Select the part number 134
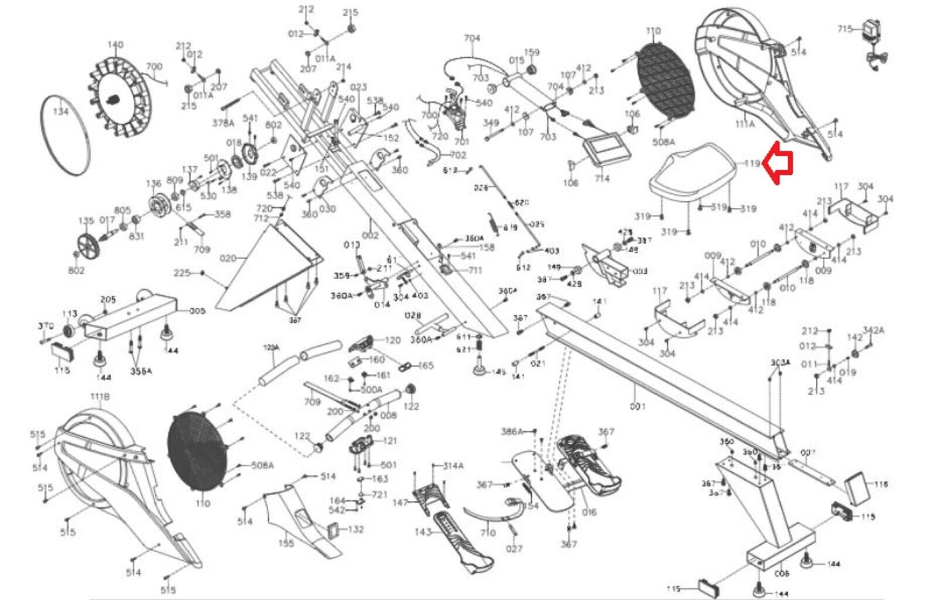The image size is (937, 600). (60, 111)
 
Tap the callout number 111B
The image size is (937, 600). (100, 397)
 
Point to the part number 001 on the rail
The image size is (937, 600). (637, 406)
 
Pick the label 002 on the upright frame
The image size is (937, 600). (370, 235)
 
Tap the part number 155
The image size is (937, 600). (286, 543)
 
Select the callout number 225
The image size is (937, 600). (182, 273)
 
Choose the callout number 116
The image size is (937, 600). (881, 484)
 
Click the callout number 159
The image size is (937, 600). (531, 52)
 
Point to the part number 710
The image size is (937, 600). (487, 532)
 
